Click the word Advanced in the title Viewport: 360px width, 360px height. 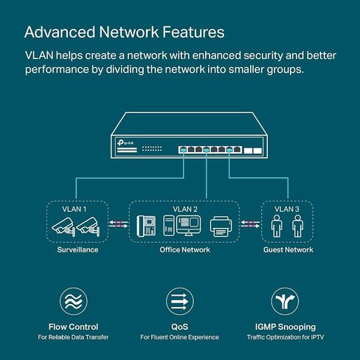click(60, 32)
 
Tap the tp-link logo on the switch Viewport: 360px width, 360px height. click(125, 142)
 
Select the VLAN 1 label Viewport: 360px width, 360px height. click(75, 210)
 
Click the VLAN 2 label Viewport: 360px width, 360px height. click(185, 210)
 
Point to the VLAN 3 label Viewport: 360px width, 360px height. click(287, 210)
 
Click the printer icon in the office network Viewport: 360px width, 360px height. click(221, 226)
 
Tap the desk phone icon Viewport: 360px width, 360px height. click(146, 226)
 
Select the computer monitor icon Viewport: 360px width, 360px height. click(188, 226)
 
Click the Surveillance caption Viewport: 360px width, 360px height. click(77, 250)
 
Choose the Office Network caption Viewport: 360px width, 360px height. click(185, 250)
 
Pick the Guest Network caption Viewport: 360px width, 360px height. click(288, 250)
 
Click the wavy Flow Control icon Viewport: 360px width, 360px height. click(74, 302)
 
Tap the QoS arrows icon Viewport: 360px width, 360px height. click(180, 302)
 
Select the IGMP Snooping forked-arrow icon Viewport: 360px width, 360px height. click(285, 302)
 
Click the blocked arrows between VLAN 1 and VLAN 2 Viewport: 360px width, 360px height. click(119, 224)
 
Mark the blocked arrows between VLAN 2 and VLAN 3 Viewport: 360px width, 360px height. click(250, 224)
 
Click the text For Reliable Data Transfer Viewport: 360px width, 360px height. click(73, 337)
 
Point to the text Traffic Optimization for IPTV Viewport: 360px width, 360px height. click(285, 337)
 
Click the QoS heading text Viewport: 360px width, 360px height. click(180, 327)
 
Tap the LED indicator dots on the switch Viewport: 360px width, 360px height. click(152, 149)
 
